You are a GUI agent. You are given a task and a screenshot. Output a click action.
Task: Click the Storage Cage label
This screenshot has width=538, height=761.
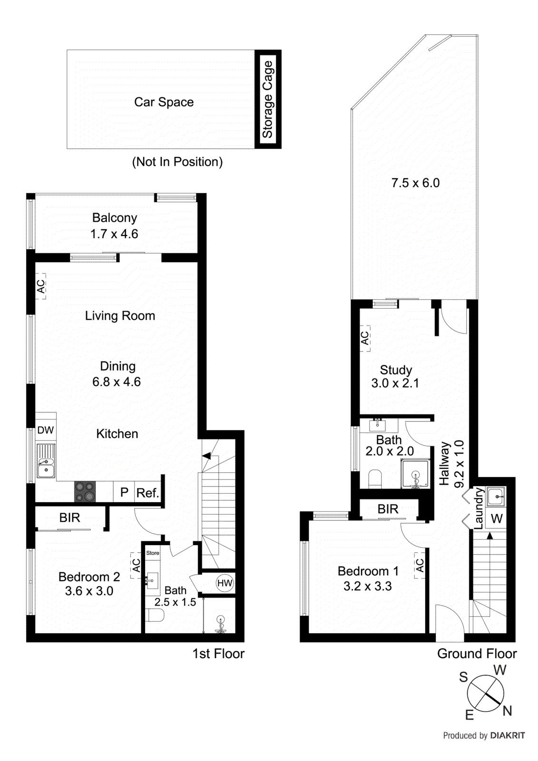pyautogui.click(x=267, y=99)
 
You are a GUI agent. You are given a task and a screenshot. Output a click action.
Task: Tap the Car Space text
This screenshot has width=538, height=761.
pyautogui.click(x=164, y=102)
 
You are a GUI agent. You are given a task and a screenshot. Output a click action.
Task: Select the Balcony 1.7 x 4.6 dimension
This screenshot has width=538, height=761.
pyautogui.click(x=114, y=234)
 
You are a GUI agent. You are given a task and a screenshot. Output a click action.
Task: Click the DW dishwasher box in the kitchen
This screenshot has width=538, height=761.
pyautogui.click(x=46, y=430)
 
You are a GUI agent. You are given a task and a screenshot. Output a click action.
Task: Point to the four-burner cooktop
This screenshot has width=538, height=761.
pyautogui.click(x=85, y=492)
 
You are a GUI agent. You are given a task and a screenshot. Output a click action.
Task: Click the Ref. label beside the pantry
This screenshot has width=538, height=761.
pyautogui.click(x=147, y=493)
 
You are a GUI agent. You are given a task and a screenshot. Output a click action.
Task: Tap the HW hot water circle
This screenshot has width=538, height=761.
pyautogui.click(x=225, y=583)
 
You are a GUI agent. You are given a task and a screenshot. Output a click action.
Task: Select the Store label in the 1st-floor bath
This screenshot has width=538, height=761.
pyautogui.click(x=153, y=553)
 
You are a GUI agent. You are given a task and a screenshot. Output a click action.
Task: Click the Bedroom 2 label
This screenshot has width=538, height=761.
pyautogui.click(x=89, y=577)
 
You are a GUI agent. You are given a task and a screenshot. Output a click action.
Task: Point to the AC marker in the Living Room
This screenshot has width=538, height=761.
pyautogui.click(x=41, y=286)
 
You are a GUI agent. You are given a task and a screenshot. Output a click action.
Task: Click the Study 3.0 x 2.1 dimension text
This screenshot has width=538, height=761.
pyautogui.click(x=395, y=383)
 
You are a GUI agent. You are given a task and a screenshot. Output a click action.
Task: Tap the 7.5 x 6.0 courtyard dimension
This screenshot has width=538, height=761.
pyautogui.click(x=415, y=183)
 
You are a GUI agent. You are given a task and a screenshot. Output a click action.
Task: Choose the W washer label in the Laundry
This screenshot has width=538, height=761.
pyautogui.click(x=496, y=518)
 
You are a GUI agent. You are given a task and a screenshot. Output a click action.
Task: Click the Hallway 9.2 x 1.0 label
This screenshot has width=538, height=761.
pyautogui.click(x=451, y=464)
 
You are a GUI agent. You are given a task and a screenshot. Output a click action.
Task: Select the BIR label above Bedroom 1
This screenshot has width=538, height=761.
pyautogui.click(x=388, y=509)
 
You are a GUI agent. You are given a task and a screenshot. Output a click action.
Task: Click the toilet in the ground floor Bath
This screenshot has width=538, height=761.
pyautogui.click(x=375, y=479)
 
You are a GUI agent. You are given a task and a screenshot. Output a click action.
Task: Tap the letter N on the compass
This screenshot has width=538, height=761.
pyautogui.click(x=508, y=711)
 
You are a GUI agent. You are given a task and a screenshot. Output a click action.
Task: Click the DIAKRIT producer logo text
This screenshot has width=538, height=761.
pyautogui.click(x=508, y=735)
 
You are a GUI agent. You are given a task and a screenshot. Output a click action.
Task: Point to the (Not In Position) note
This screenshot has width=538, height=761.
pyautogui.click(x=177, y=162)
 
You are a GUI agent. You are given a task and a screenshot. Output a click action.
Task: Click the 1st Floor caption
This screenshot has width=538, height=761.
pyautogui.click(x=218, y=654)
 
